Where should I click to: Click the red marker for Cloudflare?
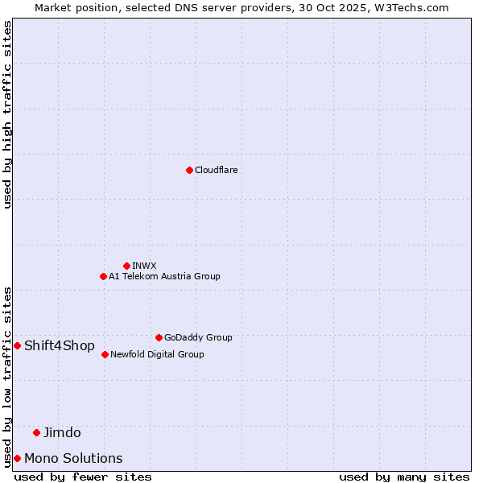point(189,170)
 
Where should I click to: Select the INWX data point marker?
point(126,266)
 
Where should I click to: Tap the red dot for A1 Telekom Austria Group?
point(103,276)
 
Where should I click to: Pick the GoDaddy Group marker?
point(159,337)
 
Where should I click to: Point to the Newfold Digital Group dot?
point(105,354)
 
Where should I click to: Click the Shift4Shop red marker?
point(17,345)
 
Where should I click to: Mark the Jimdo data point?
point(36,432)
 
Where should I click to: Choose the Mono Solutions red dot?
point(17,458)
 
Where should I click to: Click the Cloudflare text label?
point(216,170)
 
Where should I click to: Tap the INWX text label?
point(144,266)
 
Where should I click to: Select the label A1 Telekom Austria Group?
point(164,276)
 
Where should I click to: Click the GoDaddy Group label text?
point(198,337)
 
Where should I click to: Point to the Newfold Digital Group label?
point(157,354)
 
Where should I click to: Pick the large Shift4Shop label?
point(60,345)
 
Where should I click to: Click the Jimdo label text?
point(62,432)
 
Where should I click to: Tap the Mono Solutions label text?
point(73,458)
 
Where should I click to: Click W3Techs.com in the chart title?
point(412,7)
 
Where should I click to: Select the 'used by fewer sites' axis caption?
point(83,477)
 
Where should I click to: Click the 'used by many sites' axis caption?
point(404,477)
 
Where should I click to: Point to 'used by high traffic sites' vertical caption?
point(7,114)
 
